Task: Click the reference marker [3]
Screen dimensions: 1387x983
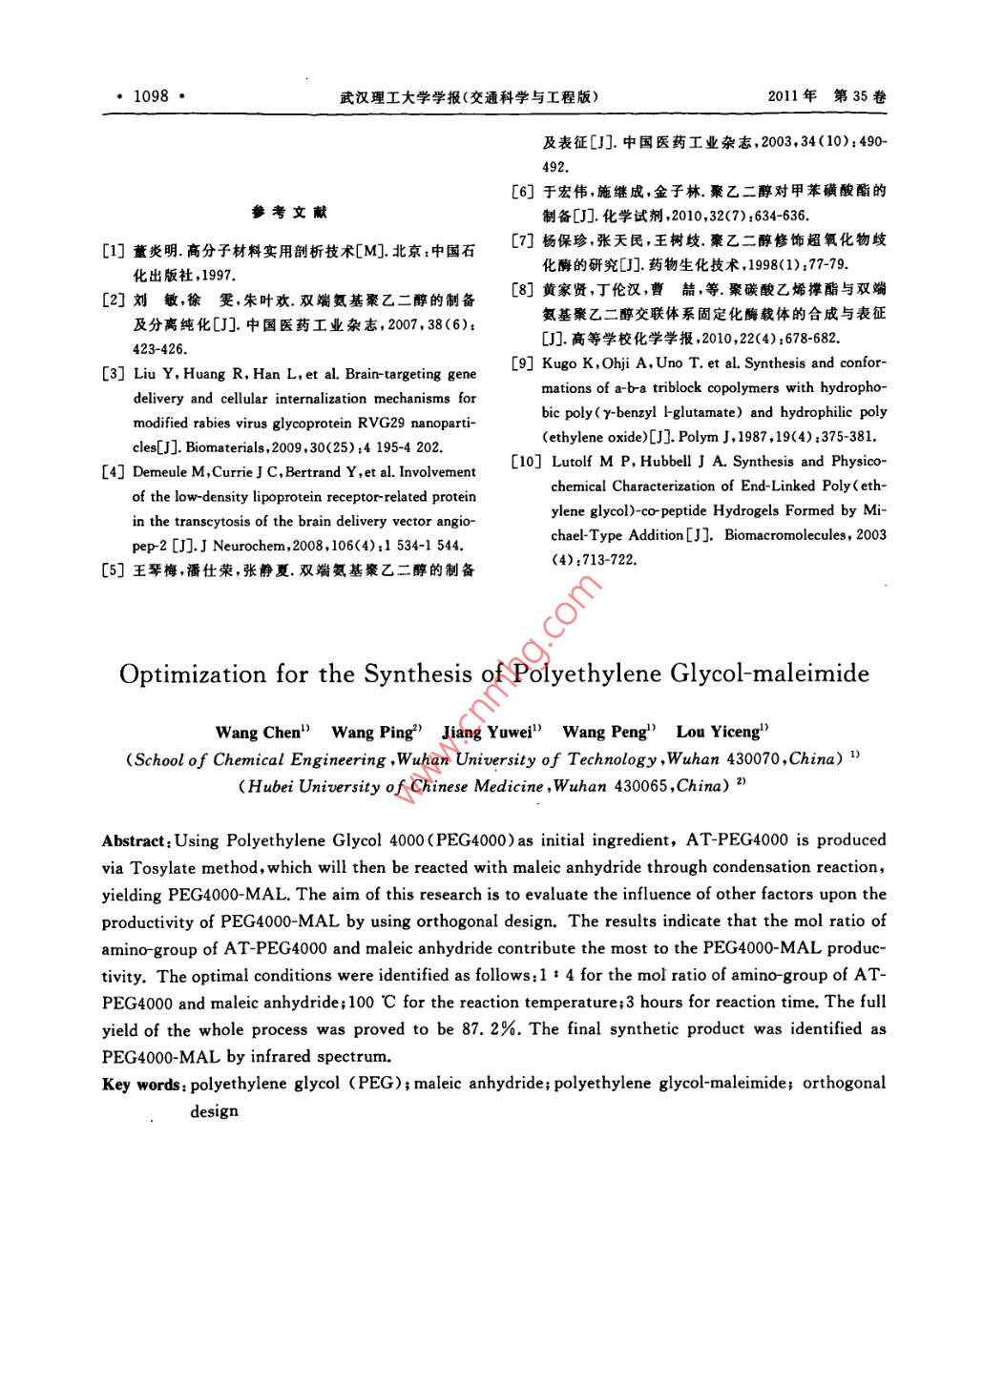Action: coord(114,374)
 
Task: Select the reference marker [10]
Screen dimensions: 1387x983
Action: coord(527,462)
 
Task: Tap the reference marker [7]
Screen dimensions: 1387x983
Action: coord(522,240)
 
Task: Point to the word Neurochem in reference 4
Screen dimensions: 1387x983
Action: coord(251,546)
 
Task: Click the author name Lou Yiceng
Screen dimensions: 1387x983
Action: coord(719,733)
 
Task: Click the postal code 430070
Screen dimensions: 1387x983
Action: coord(754,759)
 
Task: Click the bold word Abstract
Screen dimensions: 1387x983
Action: coord(134,840)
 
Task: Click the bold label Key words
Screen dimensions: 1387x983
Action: coord(141,1085)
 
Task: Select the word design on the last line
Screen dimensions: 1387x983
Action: coord(214,1111)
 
